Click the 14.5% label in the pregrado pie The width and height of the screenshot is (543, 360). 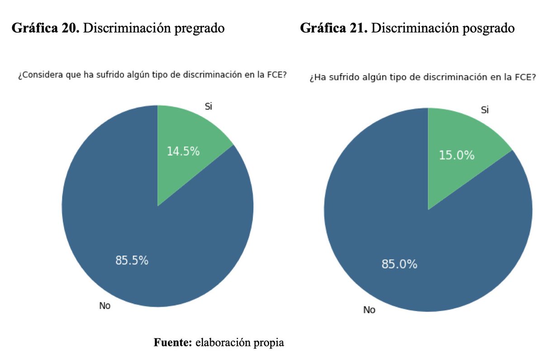pyautogui.click(x=183, y=152)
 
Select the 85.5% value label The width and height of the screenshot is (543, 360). pyautogui.click(x=132, y=261)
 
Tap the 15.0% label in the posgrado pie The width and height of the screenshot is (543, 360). pyautogui.click(x=457, y=156)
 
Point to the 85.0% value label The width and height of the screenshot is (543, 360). pyautogui.click(x=399, y=265)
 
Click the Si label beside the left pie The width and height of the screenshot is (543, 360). pyautogui.click(x=209, y=107)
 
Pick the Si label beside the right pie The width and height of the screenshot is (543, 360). pyautogui.click(x=485, y=110)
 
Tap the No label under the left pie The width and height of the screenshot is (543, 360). pyautogui.click(x=105, y=306)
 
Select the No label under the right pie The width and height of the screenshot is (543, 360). pyautogui.click(x=369, y=310)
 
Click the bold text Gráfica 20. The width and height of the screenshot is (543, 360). pyautogui.click(x=45, y=28)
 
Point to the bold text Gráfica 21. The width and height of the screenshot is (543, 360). pyautogui.click(x=334, y=28)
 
